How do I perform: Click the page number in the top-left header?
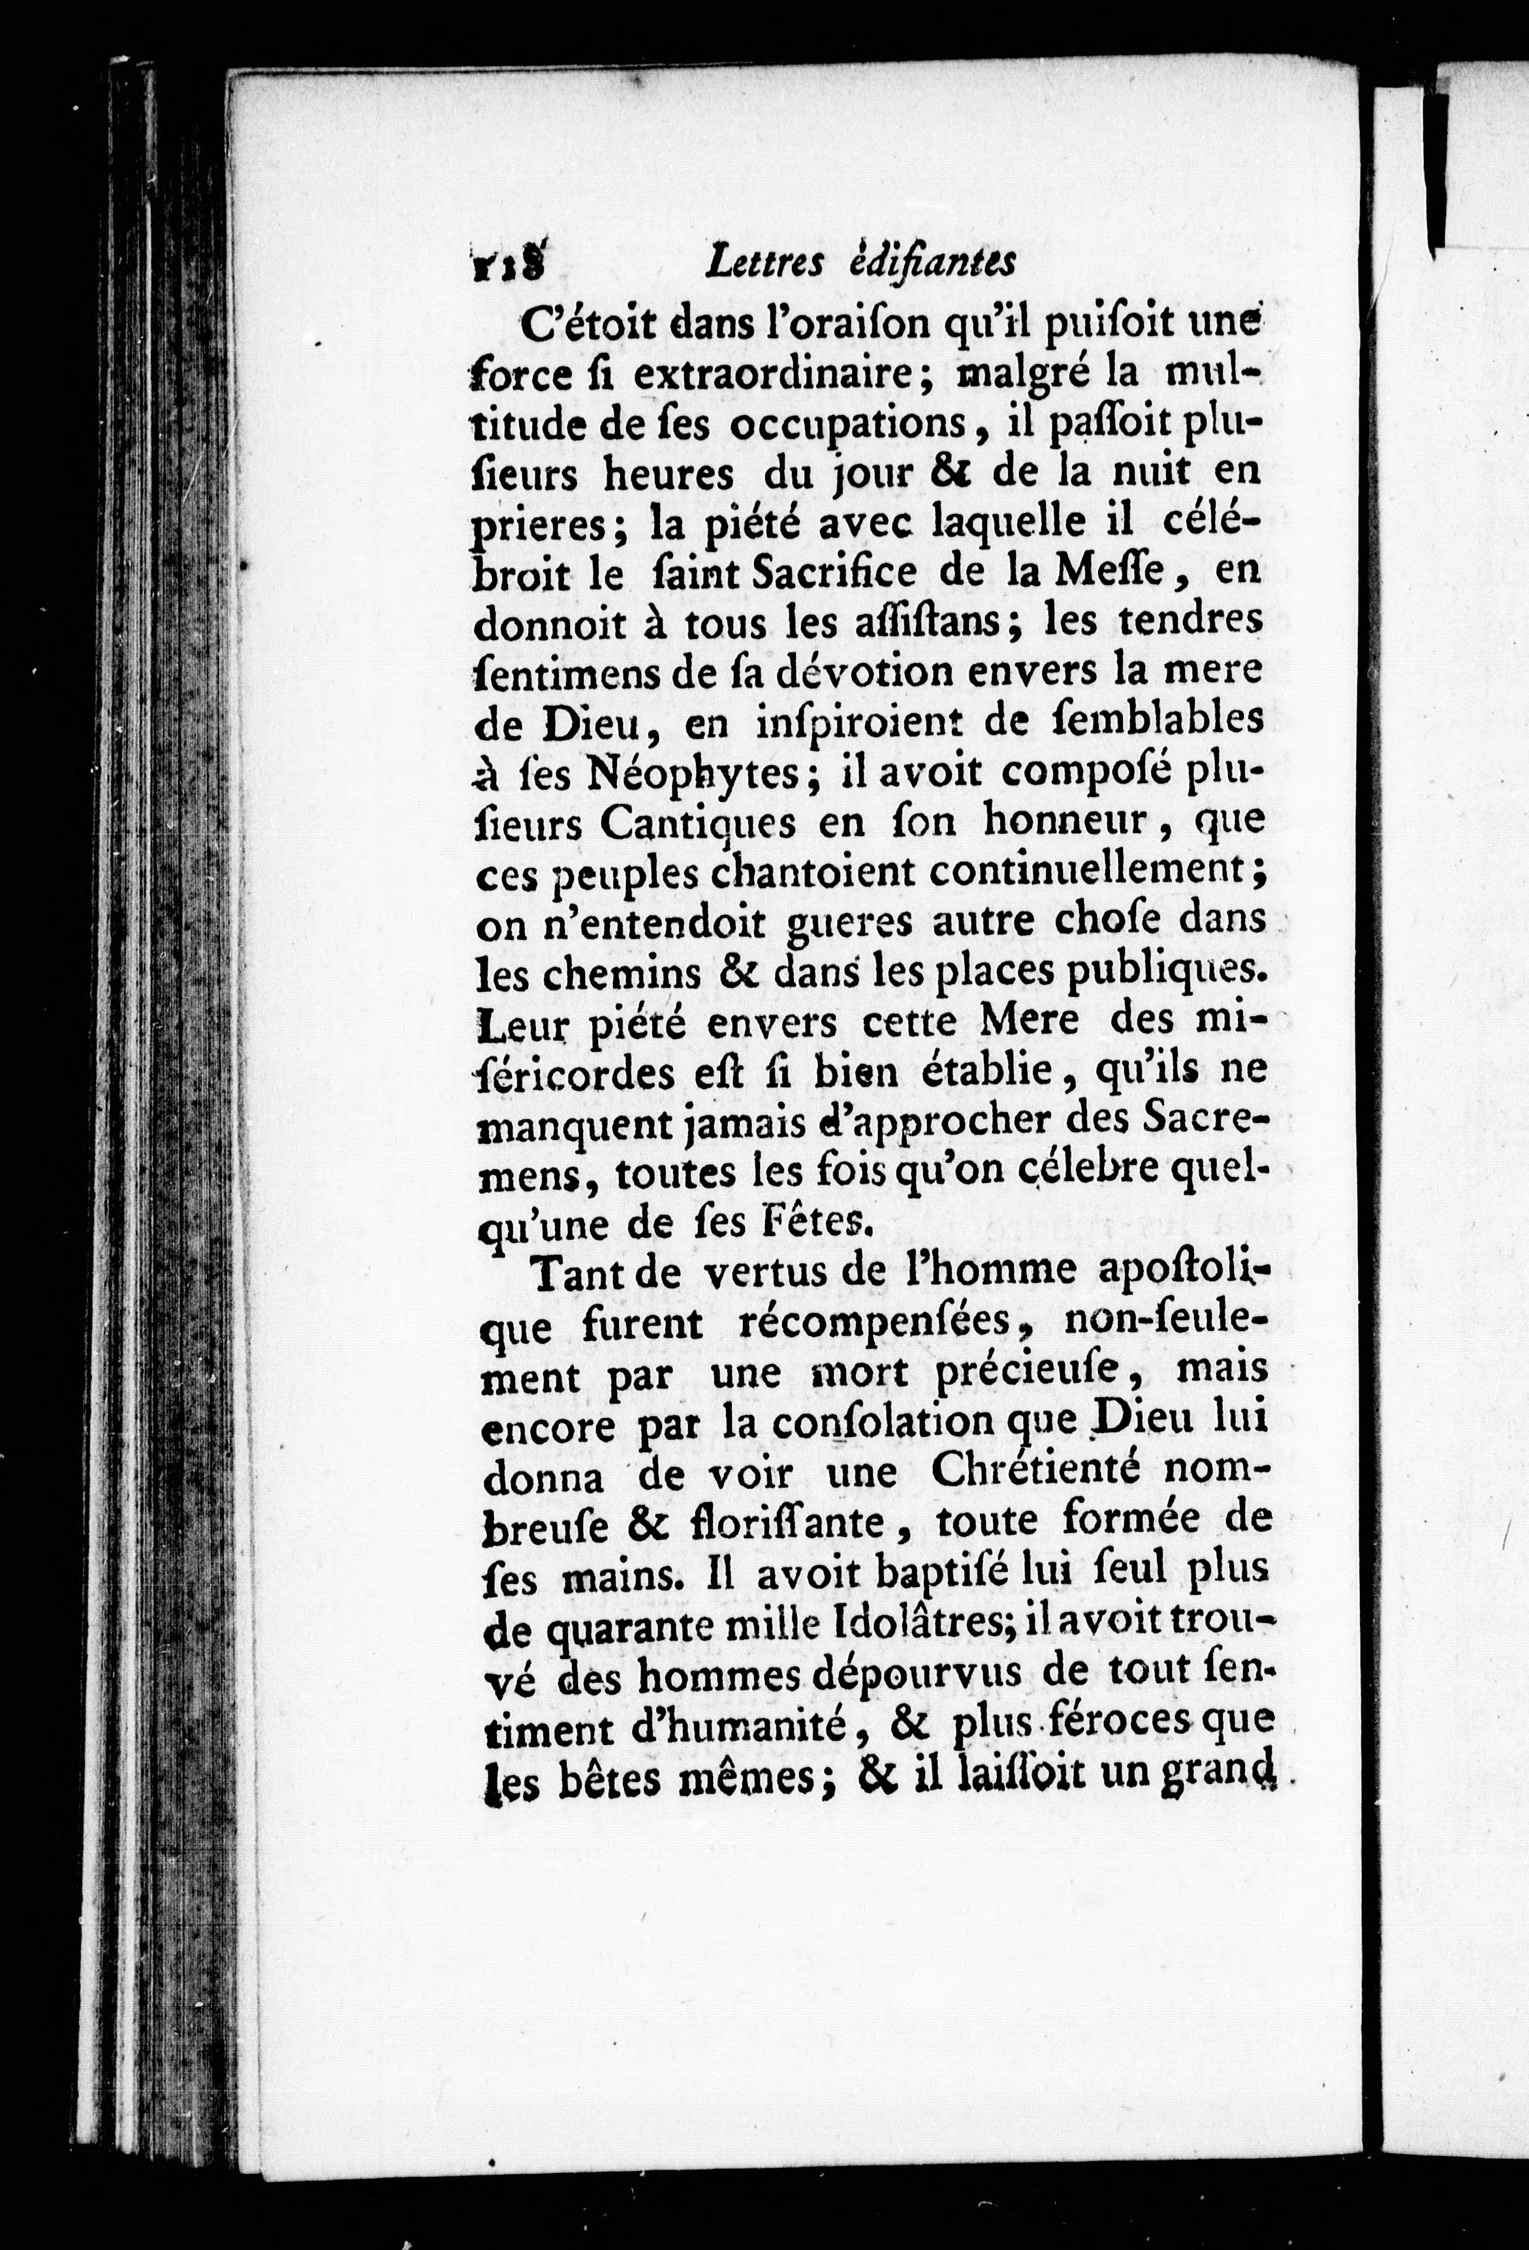[x=507, y=264]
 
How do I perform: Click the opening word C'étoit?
[x=593, y=324]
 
